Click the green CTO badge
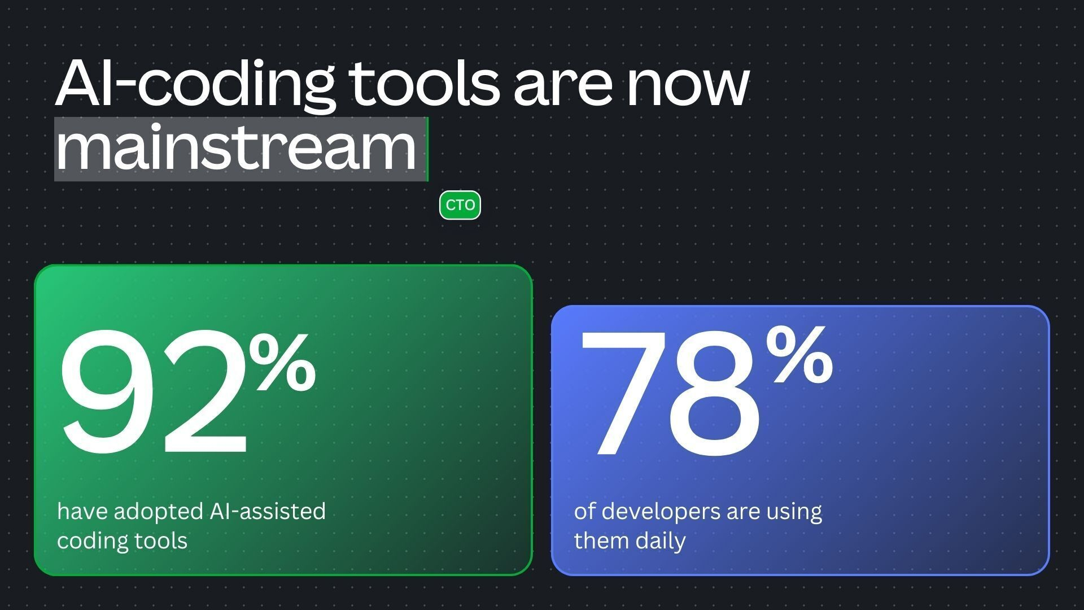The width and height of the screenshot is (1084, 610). point(460,206)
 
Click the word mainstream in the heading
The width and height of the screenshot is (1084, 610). point(236,148)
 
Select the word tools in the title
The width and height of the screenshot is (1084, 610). point(424,83)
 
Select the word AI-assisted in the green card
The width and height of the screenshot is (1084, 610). point(268,511)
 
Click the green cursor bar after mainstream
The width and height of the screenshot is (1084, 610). point(427,149)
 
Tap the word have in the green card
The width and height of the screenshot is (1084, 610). point(82,511)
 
